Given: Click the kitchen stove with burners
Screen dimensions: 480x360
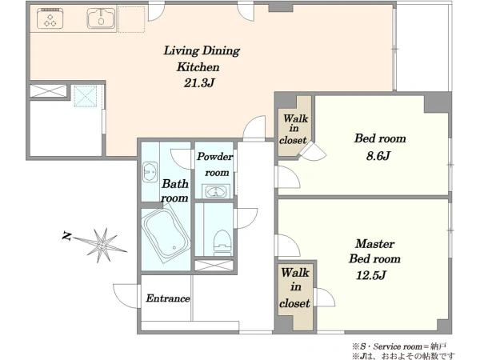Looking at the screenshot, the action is pyautogui.click(x=50, y=18).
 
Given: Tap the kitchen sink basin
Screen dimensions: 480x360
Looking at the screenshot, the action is pyautogui.click(x=101, y=18).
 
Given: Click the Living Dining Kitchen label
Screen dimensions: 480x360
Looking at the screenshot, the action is pyautogui.click(x=201, y=58).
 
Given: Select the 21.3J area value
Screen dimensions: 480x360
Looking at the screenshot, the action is pyautogui.click(x=199, y=82).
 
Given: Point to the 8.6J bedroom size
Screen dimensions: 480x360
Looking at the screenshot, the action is pyautogui.click(x=378, y=156).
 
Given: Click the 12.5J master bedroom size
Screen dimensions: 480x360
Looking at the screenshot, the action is pyautogui.click(x=370, y=275).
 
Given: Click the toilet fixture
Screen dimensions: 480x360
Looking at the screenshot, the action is pyautogui.click(x=222, y=242).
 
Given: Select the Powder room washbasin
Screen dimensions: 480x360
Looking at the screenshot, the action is pyautogui.click(x=215, y=192).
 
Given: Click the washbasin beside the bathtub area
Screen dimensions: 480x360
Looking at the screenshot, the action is pyautogui.click(x=150, y=172).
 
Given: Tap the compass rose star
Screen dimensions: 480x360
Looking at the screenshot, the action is pyautogui.click(x=102, y=245).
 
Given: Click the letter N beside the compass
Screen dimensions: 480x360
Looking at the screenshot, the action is pyautogui.click(x=66, y=236).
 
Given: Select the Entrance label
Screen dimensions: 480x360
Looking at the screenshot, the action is pyautogui.click(x=168, y=298).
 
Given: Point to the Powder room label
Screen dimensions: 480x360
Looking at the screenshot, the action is pyautogui.click(x=215, y=164).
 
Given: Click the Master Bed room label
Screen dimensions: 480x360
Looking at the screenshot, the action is pyautogui.click(x=374, y=251).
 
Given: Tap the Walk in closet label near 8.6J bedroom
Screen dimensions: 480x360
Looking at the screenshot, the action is pyautogui.click(x=294, y=129).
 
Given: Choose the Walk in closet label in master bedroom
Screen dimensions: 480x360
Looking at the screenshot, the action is pyautogui.click(x=294, y=288).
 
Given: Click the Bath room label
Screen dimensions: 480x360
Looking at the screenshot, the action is pyautogui.click(x=174, y=190).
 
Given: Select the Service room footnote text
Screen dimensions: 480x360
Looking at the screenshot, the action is pyautogui.click(x=399, y=346).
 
